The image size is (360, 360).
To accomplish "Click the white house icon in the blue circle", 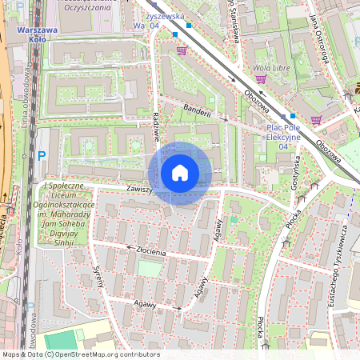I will [180, 173].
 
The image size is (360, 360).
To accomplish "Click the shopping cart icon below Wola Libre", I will [317, 121].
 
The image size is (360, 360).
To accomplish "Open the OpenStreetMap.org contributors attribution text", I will [80, 354].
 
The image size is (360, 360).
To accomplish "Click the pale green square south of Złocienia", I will [149, 268].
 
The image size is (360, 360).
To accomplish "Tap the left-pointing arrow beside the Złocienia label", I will [128, 248].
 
